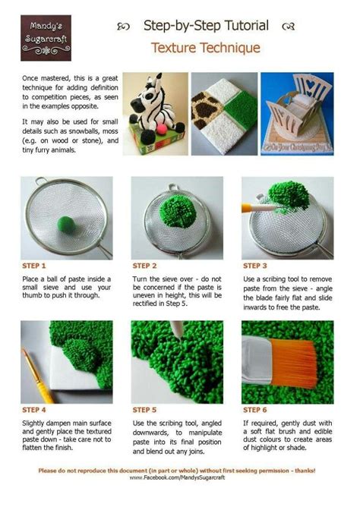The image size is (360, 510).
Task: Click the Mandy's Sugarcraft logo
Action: pyautogui.click(x=46, y=38)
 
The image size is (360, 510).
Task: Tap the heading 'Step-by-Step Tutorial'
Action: pyautogui.click(x=206, y=26)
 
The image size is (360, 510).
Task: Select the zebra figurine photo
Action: pyautogui.click(x=155, y=113)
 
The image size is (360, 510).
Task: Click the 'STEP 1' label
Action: pyautogui.click(x=34, y=266)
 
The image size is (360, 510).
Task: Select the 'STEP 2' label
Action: pyautogui.click(x=145, y=266)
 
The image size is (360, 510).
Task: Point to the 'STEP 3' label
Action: pyautogui.click(x=255, y=266)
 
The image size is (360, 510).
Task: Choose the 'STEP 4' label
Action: pyautogui.click(x=34, y=410)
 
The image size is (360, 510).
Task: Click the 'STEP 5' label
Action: pyautogui.click(x=145, y=410)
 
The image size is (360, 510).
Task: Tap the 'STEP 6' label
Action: pyautogui.click(x=255, y=410)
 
